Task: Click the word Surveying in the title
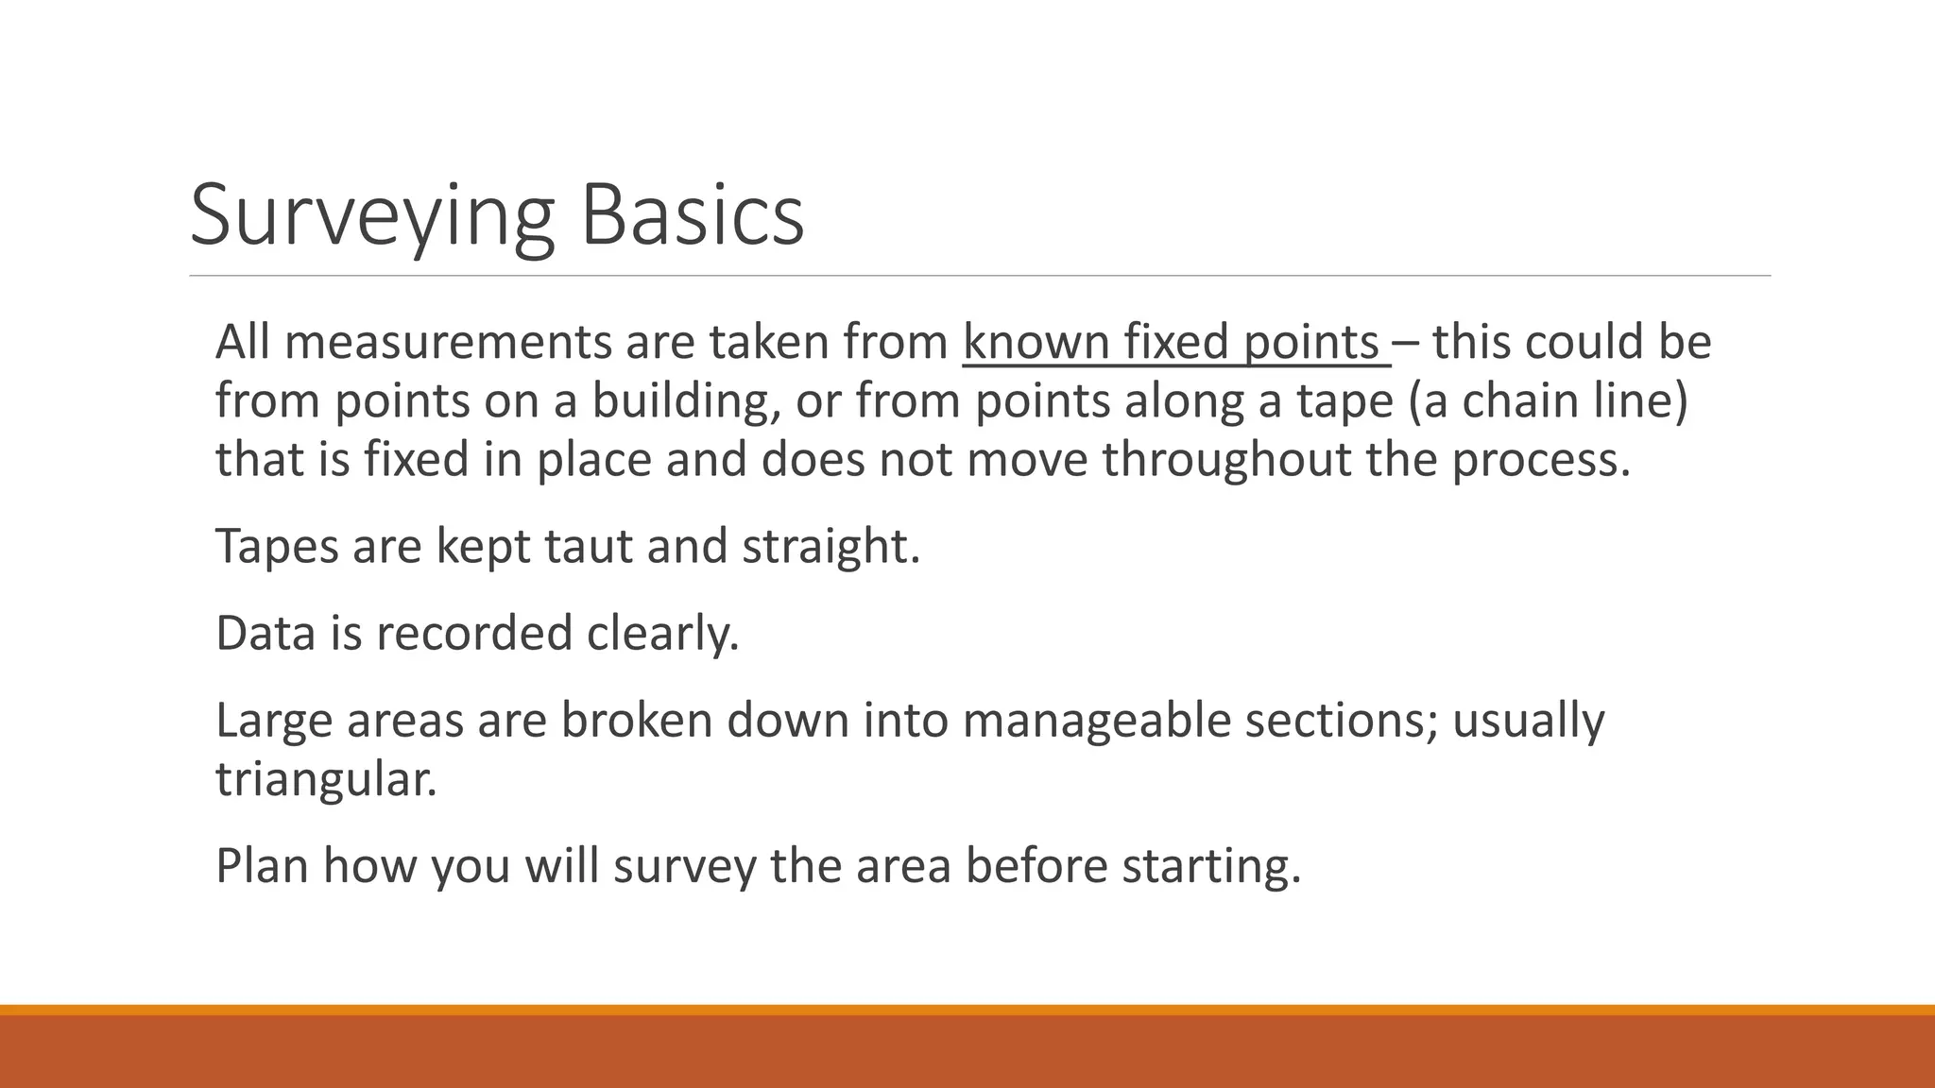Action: click(371, 216)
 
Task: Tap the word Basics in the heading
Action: click(692, 216)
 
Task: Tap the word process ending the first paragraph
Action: click(1540, 459)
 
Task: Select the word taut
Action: click(589, 546)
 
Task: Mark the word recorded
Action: click(474, 633)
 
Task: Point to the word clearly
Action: click(661, 633)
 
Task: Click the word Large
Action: click(274, 720)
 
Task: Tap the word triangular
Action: click(326, 778)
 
